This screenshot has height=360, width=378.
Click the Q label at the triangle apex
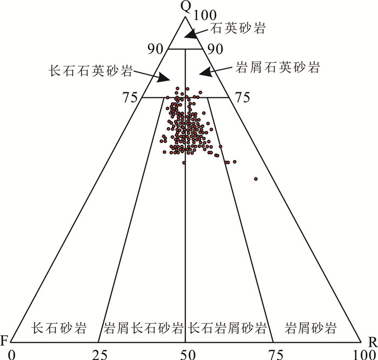[186, 6]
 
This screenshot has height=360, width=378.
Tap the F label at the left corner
[4, 341]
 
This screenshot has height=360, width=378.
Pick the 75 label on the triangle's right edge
[242, 97]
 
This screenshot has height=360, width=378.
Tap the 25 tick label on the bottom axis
[99, 354]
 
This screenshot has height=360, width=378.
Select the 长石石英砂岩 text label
[90, 70]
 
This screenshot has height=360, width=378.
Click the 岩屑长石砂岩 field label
[143, 328]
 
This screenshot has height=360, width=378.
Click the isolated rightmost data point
[255, 178]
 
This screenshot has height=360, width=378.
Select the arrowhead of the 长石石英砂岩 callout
[164, 79]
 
